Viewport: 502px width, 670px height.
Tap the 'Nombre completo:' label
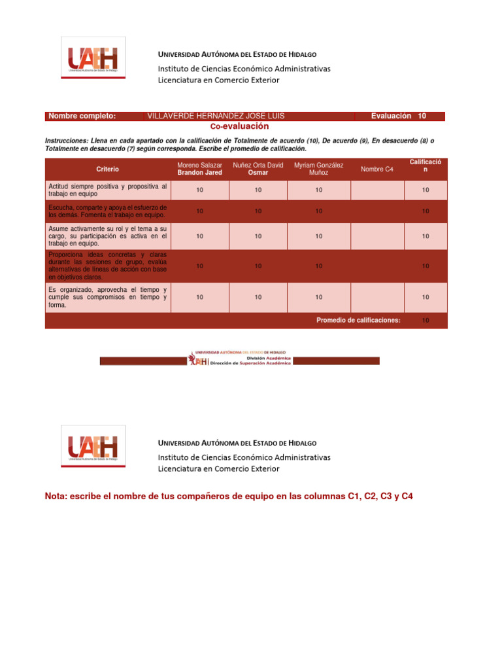[82, 116]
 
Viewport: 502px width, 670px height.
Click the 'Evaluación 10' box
[399, 116]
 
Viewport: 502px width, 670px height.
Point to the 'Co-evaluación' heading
[239, 126]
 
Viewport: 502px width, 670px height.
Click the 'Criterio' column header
[107, 169]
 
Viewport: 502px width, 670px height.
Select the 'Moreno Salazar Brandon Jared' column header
[199, 169]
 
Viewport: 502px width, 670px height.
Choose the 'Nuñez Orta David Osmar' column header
[258, 169]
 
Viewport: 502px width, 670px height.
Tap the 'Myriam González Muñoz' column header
[318, 169]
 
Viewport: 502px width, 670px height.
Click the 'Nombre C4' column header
[376, 169]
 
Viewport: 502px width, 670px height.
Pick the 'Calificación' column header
[425, 166]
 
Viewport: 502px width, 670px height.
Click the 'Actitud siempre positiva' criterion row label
[107, 190]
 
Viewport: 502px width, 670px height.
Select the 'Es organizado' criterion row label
[107, 297]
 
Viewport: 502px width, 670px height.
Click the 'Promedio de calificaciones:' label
[358, 320]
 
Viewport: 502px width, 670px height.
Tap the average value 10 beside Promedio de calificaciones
[426, 321]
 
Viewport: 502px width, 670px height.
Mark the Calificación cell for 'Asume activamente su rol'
[426, 236]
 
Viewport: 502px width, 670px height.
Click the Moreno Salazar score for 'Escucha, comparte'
[199, 211]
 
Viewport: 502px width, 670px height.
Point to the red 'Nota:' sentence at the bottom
[229, 497]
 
